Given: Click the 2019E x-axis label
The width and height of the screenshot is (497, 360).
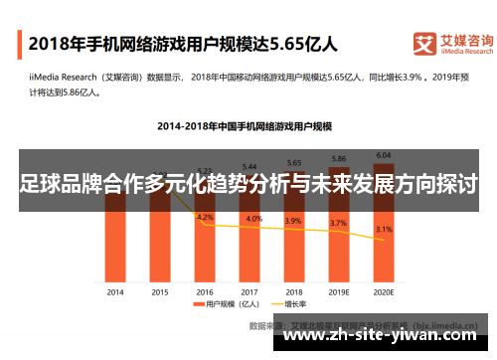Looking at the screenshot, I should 339,292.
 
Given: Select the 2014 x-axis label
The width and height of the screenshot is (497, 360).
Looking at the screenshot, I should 115,292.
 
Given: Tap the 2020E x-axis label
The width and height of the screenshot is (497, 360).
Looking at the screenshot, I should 384,292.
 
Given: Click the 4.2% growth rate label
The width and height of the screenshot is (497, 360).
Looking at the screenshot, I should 206,217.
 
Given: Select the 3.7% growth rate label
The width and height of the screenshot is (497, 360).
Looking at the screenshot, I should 339,224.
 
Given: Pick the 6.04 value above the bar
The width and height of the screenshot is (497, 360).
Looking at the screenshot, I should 384,154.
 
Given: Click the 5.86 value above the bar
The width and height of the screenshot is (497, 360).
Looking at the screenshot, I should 339,159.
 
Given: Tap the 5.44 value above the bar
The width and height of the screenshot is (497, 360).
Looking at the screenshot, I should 249,166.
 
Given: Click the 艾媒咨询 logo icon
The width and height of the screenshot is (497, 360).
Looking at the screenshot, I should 425,44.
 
